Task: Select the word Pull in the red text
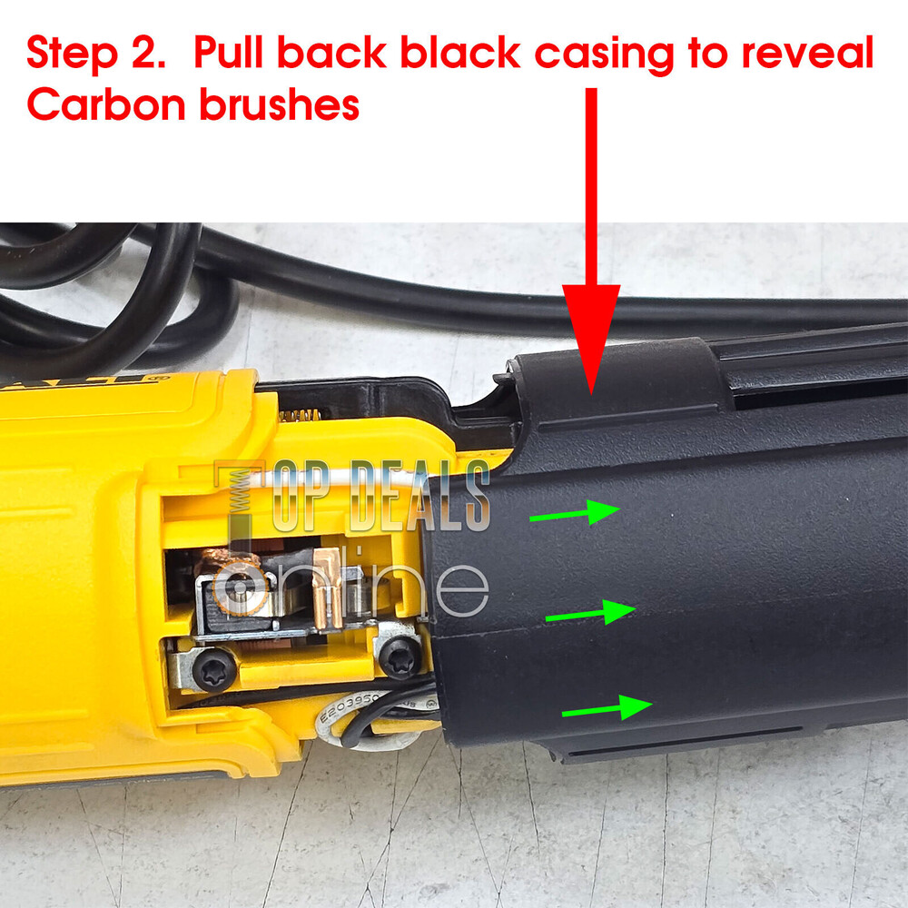click(228, 55)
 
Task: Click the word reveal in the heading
click(808, 55)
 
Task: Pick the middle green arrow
click(589, 614)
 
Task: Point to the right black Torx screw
click(400, 656)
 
